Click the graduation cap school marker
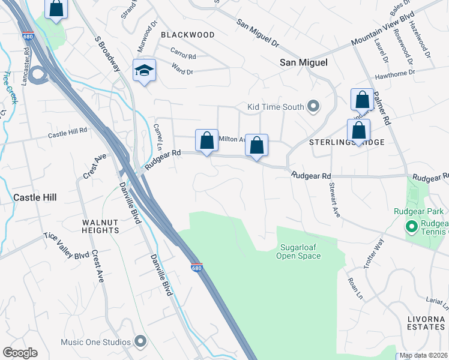pos(144,71)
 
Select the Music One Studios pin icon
pos(140,342)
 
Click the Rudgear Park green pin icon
pos(411,226)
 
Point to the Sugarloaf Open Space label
pos(298,251)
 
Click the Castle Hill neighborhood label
pos(34,197)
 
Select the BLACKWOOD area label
pos(187,35)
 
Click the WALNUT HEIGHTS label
pos(101,226)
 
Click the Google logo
pos(20,352)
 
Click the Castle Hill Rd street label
pos(68,133)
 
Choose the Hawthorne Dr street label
pos(394,74)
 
